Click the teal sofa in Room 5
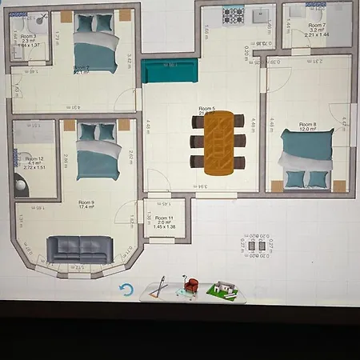169,71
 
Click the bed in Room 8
306,158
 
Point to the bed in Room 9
98,152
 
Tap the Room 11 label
164,218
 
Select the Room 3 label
29,37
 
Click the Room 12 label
34,159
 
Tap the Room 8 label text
308,125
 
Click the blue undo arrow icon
126,290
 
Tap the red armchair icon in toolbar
191,286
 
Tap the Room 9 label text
86,203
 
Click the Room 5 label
207,109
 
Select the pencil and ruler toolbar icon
161,287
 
